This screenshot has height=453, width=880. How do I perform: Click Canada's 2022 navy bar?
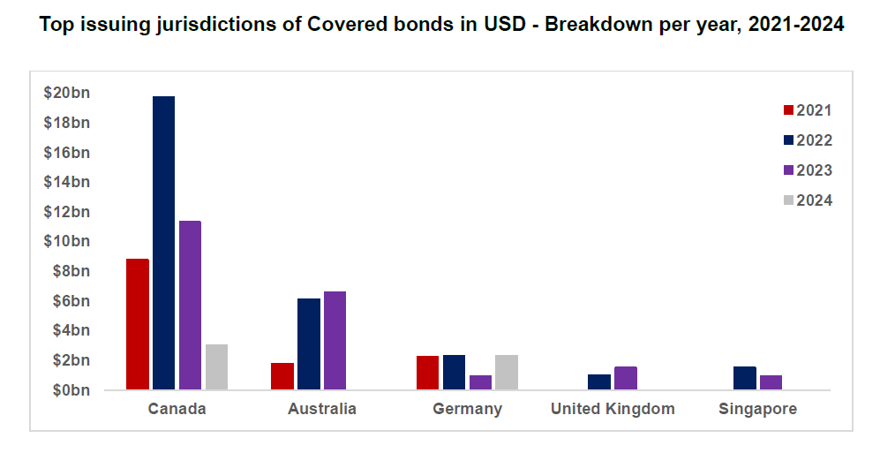point(163,243)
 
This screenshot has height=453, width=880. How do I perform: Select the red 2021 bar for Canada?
point(138,324)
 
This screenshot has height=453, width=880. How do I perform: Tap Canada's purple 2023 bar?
point(190,305)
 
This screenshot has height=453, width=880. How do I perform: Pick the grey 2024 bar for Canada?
point(216,366)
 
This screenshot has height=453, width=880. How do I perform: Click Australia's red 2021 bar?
point(282,376)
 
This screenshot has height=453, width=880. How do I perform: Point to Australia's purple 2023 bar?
point(335,340)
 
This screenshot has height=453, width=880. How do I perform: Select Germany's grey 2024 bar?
point(507,372)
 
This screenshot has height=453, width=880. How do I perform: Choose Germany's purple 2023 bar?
point(480,382)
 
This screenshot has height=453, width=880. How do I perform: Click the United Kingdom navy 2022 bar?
point(599,381)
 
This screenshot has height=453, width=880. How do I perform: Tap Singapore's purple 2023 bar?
point(771,382)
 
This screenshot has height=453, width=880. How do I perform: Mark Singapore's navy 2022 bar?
point(745,378)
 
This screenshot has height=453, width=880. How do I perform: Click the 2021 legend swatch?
point(789,110)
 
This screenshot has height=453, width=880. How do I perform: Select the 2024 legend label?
point(814,200)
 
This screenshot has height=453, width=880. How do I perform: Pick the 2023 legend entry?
point(807,170)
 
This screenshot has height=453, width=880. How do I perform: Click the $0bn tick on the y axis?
point(70,390)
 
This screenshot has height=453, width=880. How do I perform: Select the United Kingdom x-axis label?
point(613,409)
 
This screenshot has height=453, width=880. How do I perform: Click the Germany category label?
point(467,409)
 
